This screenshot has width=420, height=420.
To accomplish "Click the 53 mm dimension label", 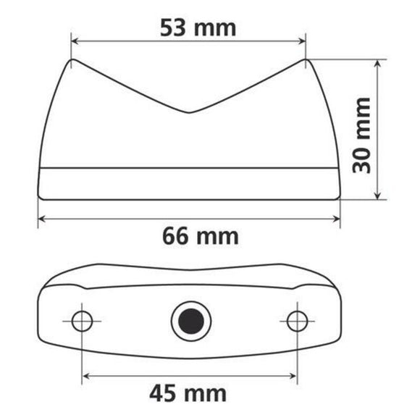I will coord(198,28).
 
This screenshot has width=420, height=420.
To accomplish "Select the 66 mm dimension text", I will coord(199,236).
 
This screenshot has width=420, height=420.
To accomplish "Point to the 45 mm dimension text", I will coord(188,393).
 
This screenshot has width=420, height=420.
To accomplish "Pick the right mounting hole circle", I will coord(296,319).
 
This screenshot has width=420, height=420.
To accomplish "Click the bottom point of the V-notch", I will coord(190,113).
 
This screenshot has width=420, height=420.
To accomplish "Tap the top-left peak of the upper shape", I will coord(72,60).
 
